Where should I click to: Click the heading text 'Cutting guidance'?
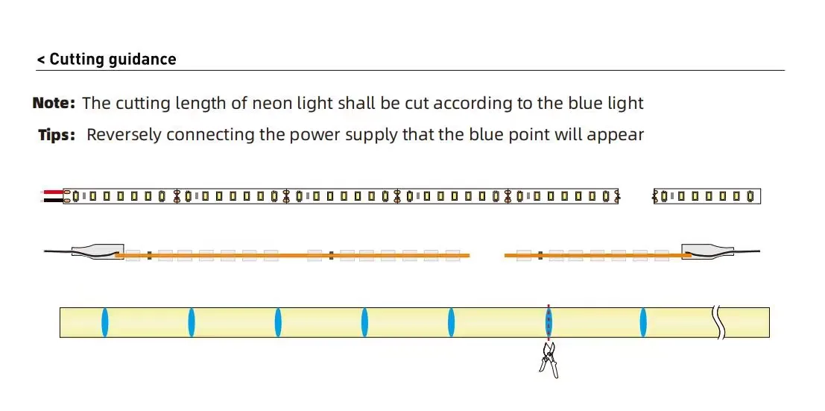click(x=113, y=60)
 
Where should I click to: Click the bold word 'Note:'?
click(x=54, y=103)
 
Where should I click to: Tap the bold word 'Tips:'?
click(x=57, y=135)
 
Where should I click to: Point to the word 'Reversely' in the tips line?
click(x=124, y=135)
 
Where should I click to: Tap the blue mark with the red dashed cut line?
click(x=549, y=322)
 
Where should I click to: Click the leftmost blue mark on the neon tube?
click(x=105, y=322)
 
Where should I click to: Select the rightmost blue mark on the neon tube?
click(x=643, y=322)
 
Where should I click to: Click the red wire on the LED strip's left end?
click(x=53, y=192)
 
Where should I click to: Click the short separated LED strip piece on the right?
click(x=707, y=196)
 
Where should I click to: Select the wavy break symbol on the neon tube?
click(x=718, y=322)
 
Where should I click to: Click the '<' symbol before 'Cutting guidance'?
click(x=41, y=60)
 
